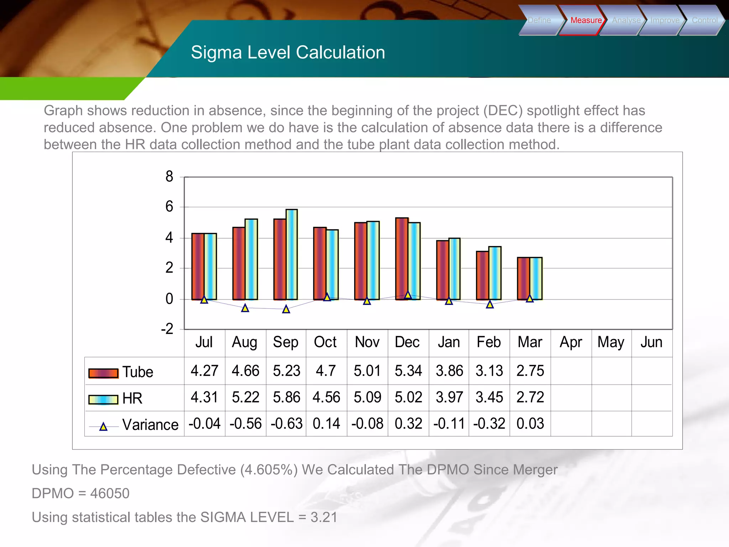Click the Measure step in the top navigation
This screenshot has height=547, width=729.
586,20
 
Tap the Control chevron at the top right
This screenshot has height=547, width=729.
704,20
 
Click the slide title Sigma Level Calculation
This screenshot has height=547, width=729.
288,52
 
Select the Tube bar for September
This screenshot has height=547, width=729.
280,259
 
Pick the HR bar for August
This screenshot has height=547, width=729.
251,259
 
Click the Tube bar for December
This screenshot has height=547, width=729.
402,259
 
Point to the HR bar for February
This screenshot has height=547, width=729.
495,273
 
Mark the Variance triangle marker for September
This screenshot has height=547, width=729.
286,309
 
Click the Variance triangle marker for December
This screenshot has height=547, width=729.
408,295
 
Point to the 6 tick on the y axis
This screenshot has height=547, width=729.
169,207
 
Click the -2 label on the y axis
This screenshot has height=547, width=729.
167,329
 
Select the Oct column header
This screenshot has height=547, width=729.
325,342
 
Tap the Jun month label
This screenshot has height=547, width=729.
651,342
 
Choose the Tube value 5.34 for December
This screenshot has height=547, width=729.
408,371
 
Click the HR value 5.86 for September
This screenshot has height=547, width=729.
287,397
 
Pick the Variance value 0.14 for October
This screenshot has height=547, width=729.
326,424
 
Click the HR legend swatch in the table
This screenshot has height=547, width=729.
103,400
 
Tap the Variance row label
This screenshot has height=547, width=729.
150,425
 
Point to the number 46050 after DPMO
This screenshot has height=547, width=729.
110,494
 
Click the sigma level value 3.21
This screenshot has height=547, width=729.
324,517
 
